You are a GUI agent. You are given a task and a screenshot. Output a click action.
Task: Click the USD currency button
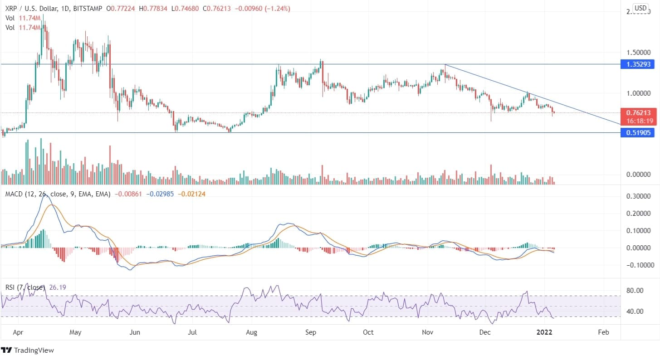coord(640,8)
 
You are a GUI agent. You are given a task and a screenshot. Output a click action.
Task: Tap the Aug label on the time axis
coord(251,332)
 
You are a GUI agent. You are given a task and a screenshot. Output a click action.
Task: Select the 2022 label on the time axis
coord(544,332)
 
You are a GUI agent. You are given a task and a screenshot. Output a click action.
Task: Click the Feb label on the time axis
coord(603,332)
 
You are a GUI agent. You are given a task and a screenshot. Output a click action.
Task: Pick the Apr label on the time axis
coord(19,332)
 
